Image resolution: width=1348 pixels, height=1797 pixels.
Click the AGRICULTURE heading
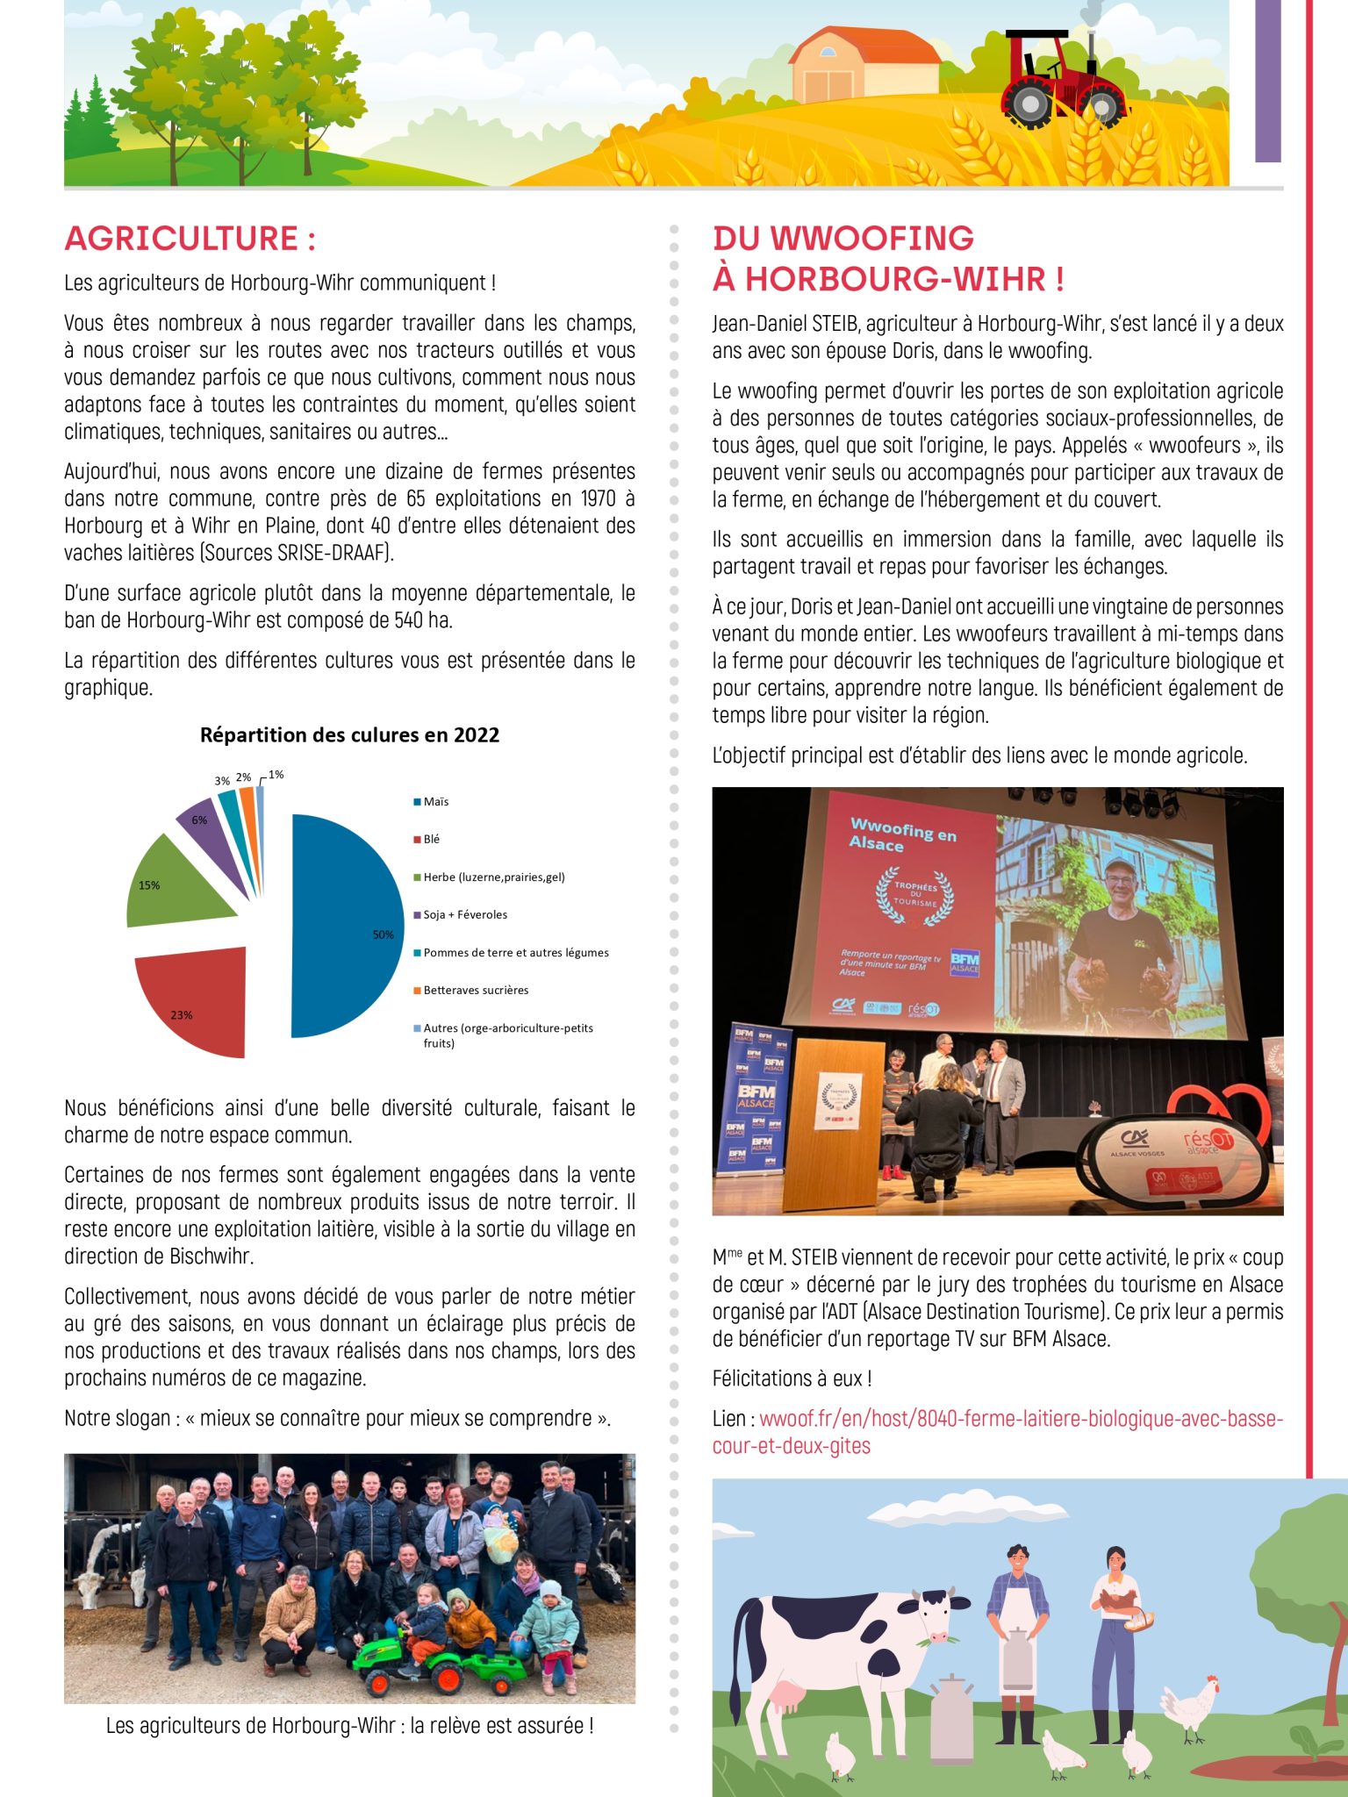(x=190, y=239)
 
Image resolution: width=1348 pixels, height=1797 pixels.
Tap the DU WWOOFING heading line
(x=842, y=239)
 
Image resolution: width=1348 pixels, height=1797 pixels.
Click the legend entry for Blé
(x=430, y=839)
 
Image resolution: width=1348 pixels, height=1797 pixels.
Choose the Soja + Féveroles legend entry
(x=464, y=914)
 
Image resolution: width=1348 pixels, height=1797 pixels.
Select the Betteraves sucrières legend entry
(x=475, y=990)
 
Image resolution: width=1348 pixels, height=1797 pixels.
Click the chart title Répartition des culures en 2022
(x=349, y=735)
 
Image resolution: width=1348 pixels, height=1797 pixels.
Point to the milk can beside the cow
(x=950, y=1720)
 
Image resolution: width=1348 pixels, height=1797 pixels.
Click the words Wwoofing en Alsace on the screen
(x=901, y=834)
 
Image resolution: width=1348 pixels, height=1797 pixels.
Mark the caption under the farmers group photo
(x=349, y=1725)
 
